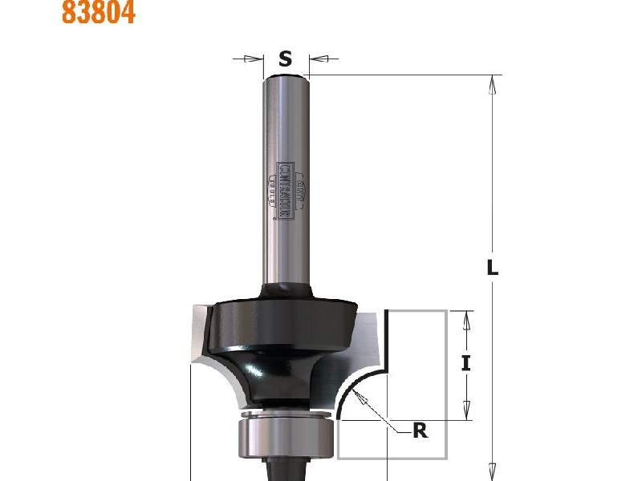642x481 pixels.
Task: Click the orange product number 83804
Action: click(x=99, y=13)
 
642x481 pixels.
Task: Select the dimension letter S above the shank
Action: click(x=285, y=59)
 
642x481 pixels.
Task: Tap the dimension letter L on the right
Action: click(x=493, y=269)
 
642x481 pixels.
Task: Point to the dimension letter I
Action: click(x=465, y=363)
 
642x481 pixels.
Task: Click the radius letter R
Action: click(x=420, y=431)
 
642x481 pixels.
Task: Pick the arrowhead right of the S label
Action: click(x=317, y=59)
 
